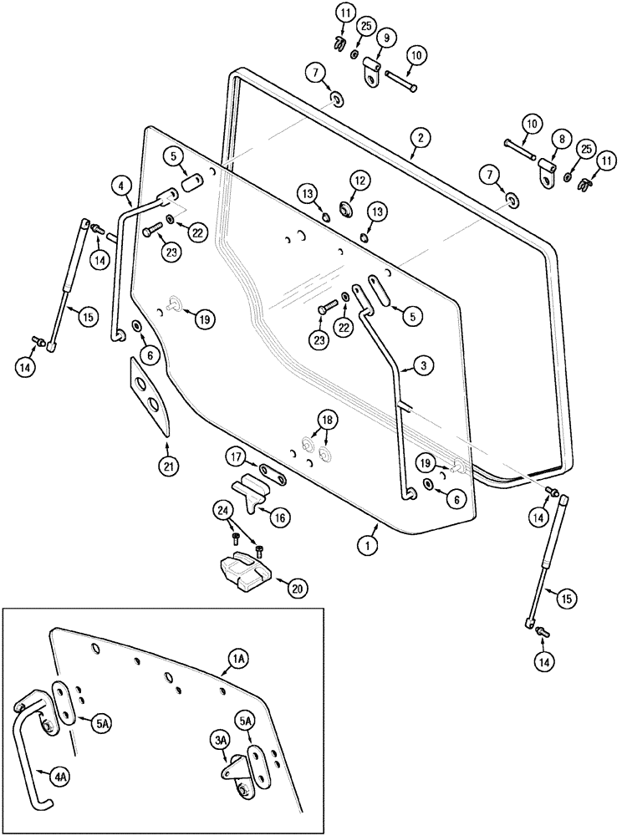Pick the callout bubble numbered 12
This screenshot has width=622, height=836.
click(358, 180)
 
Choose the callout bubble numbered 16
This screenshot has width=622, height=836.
click(280, 518)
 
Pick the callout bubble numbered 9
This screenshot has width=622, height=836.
click(387, 38)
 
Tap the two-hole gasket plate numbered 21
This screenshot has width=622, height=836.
click(152, 395)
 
